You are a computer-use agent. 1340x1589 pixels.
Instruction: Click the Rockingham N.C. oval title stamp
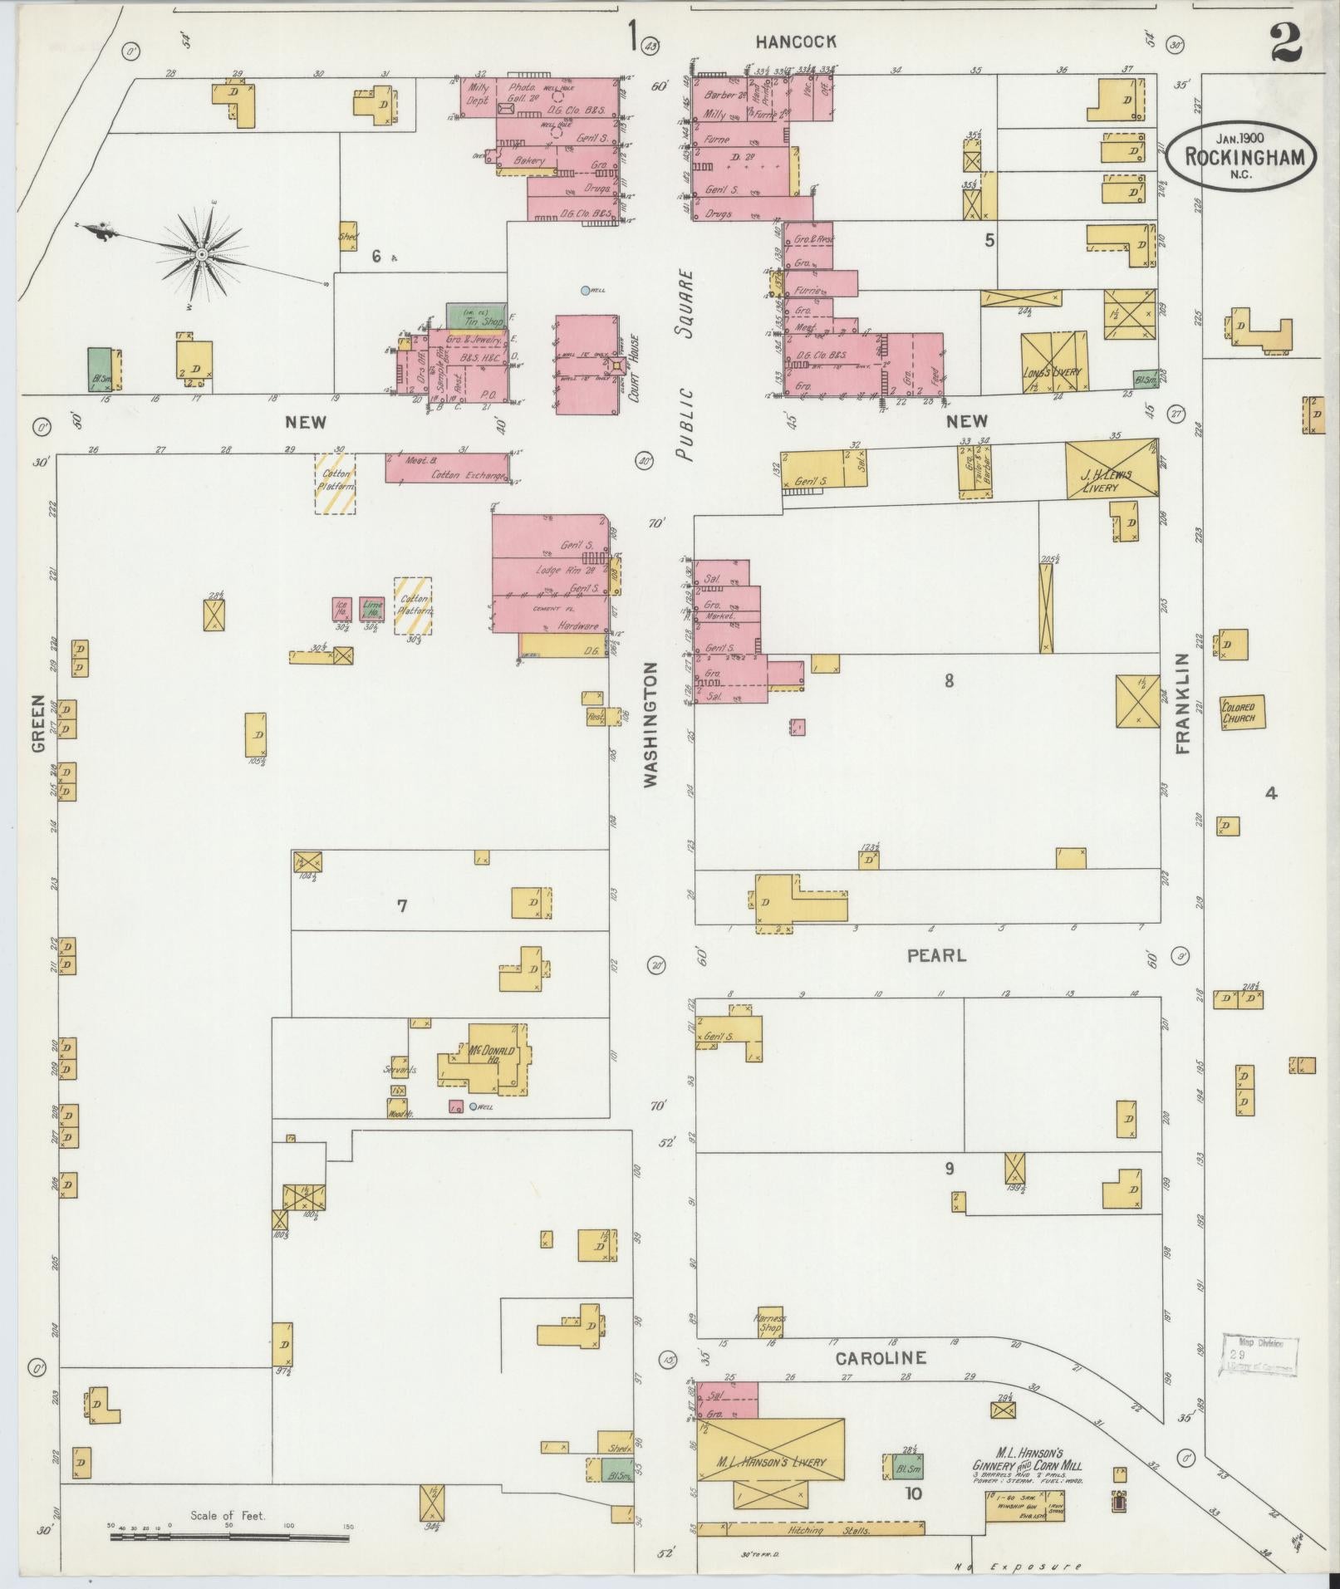tap(1240, 156)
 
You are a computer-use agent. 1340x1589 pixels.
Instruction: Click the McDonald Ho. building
tap(490, 1058)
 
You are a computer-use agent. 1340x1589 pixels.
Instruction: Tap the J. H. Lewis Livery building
tap(1112, 469)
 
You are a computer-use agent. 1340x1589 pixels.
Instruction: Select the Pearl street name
tap(936, 956)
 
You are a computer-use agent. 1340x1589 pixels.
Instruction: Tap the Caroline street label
tap(881, 1359)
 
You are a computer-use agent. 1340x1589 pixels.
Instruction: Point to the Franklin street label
tap(1183, 703)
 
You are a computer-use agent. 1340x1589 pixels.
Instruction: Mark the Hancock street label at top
tap(796, 42)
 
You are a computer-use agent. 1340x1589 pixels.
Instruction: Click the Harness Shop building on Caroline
tap(768, 1322)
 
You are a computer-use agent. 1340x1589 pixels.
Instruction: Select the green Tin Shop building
tap(477, 316)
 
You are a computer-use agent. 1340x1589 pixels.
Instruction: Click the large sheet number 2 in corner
tap(1285, 42)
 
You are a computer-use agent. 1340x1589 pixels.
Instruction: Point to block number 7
tap(402, 905)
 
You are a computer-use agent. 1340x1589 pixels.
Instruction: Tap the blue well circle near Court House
tap(585, 290)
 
